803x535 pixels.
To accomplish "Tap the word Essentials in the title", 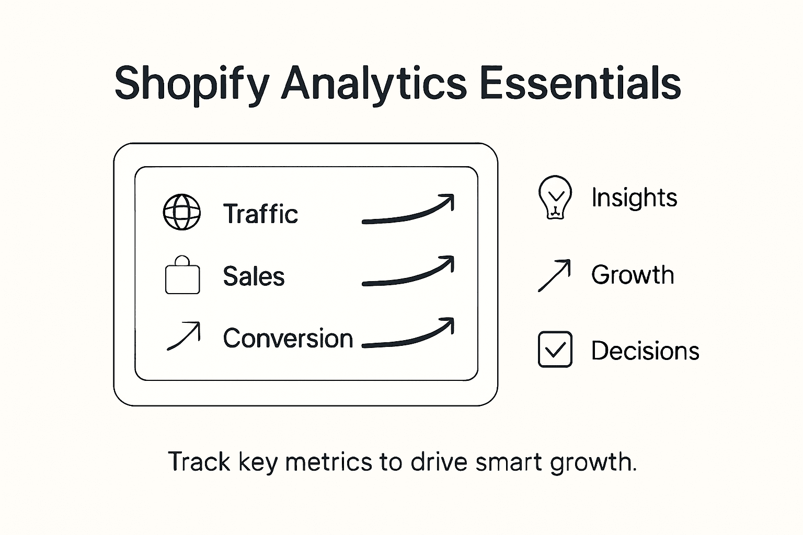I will (580, 84).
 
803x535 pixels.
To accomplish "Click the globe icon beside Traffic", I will (182, 212).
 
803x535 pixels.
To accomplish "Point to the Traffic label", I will (260, 214).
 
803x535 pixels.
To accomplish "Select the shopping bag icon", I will (182, 276).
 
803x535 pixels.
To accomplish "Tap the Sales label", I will (254, 276).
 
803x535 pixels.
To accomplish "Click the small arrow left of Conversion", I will (183, 336).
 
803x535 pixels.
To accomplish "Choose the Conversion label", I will (288, 339).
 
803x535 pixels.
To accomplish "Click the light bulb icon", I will (555, 196).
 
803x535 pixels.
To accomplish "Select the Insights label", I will (634, 197).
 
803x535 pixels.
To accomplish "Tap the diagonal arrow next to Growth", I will (554, 275).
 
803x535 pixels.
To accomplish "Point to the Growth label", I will (633, 275).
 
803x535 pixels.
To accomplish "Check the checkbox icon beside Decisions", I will (555, 350).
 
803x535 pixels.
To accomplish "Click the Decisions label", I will (645, 351).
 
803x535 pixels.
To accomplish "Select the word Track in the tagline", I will (199, 462).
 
